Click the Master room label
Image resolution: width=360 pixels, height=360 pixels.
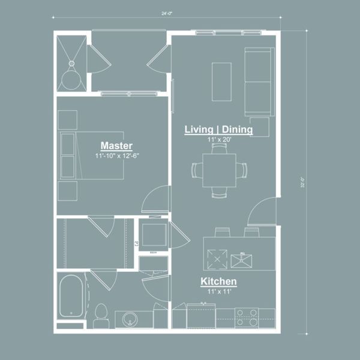tap(116, 146)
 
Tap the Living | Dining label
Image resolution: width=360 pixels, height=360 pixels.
tap(218, 130)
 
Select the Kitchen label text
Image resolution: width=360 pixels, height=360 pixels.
tap(218, 281)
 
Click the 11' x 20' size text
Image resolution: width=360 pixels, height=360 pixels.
tap(218, 140)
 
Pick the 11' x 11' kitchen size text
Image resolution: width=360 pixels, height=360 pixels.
tap(218, 291)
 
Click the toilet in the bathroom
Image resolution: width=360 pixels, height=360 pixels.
tap(101, 313)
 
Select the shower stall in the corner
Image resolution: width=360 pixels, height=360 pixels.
tap(72, 63)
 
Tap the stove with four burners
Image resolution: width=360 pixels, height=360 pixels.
tap(246, 317)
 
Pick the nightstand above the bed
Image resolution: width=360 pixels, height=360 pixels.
tap(67, 119)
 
